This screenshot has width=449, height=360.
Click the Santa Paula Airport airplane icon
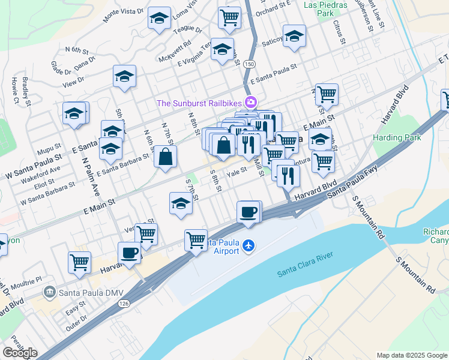click(x=250, y=246)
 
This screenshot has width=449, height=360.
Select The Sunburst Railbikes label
click(x=199, y=103)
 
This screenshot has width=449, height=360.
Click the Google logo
click(x=20, y=352)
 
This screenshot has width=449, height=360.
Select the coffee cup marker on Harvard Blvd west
click(x=129, y=252)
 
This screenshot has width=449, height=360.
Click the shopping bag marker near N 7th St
click(x=165, y=157)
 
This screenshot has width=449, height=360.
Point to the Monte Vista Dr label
click(x=123, y=16)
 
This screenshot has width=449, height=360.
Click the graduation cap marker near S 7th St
click(x=180, y=203)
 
